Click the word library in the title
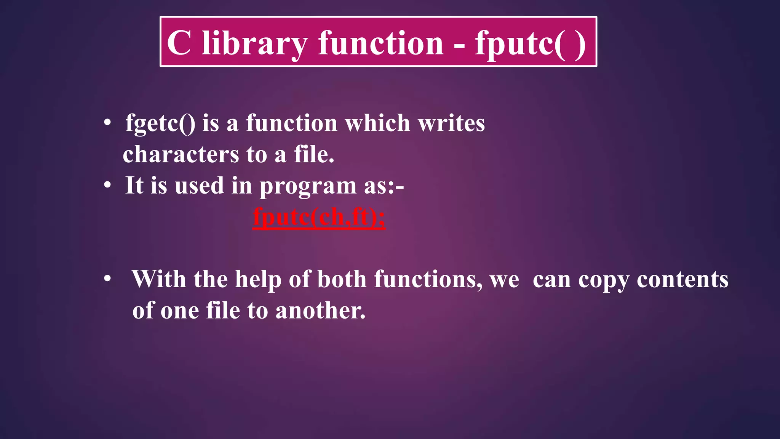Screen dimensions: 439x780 point(254,43)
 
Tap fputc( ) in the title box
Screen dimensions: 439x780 point(530,43)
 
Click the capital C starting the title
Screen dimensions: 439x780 point(179,43)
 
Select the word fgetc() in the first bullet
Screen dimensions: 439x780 point(160,123)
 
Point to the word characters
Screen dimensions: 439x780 point(181,154)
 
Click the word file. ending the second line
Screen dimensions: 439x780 point(314,154)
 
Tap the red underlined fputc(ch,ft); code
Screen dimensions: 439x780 point(319,217)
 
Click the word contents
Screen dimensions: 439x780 point(682,279)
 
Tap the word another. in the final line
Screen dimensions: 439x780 point(320,310)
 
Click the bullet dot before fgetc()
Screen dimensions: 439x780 point(108,123)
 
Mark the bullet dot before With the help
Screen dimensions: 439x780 point(108,279)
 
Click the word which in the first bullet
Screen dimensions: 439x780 point(377,123)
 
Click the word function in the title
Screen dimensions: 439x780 point(380,43)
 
